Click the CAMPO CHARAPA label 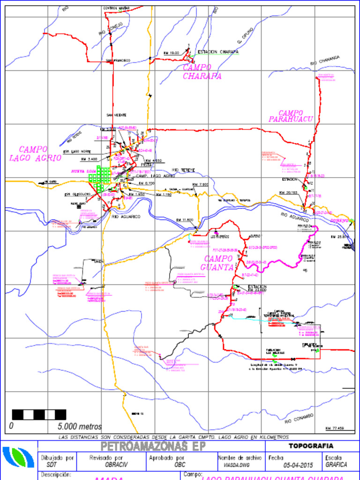[202, 72]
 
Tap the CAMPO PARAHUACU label [291, 116]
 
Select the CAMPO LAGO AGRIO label [35, 154]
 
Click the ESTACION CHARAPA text [218, 52]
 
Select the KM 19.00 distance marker [171, 53]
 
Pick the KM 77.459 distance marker [334, 428]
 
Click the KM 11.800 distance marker [185, 220]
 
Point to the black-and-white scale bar [38, 414]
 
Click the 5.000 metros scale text [80, 427]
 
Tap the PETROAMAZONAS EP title [153, 446]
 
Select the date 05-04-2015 [298, 465]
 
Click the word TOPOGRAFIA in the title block [311, 446]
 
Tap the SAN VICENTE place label [116, 115]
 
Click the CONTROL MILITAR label [116, 8]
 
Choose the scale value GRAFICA [336, 465]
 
